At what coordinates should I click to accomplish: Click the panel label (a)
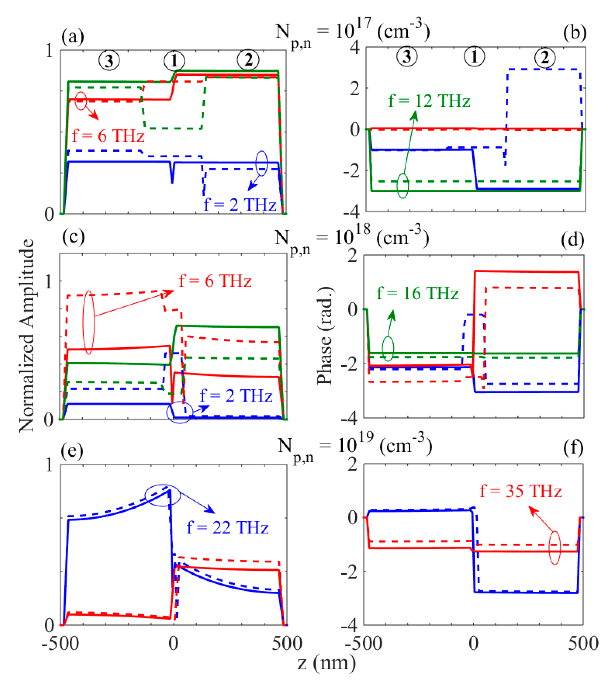(x=73, y=36)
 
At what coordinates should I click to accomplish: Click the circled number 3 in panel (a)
(x=109, y=61)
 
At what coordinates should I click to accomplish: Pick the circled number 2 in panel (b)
(x=545, y=57)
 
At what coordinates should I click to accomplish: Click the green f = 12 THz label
(x=429, y=101)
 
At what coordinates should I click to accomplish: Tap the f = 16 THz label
(x=417, y=293)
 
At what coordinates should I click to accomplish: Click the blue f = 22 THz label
(x=228, y=527)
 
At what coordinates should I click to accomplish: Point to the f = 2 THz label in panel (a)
(x=240, y=204)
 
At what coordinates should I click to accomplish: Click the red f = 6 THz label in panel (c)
(x=215, y=280)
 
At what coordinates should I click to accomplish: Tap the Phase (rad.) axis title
(x=324, y=335)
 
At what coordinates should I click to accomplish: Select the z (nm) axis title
(x=326, y=663)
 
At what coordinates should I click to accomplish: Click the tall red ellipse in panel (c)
(x=89, y=322)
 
